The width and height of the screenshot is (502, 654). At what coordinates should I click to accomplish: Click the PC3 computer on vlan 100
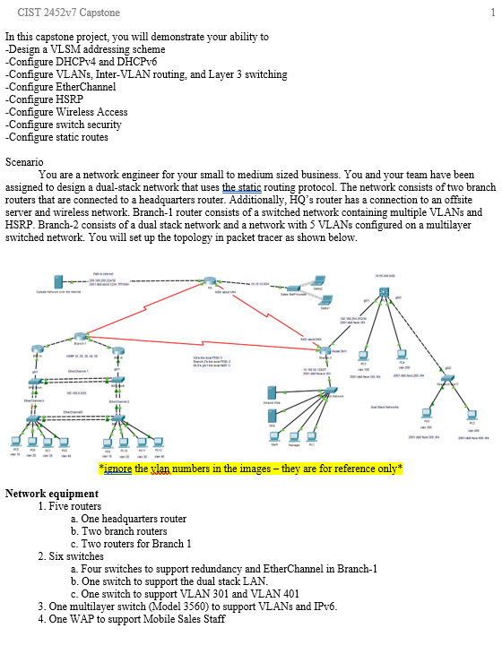[364, 355]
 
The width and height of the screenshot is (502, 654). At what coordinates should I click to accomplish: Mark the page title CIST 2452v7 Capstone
[69, 13]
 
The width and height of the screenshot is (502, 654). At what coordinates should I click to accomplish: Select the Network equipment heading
[51, 494]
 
